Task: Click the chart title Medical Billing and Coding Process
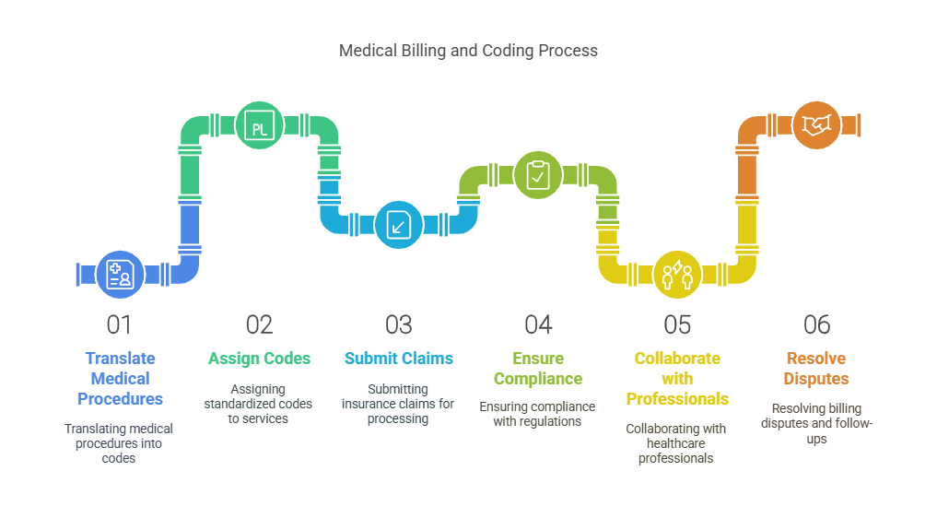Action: [x=468, y=51]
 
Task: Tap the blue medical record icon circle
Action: [x=120, y=275]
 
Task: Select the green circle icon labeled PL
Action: [x=260, y=126]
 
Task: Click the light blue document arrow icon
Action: [x=399, y=224]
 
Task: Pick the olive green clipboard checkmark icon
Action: [x=538, y=175]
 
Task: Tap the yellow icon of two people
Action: [x=677, y=274]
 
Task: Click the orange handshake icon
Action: [x=816, y=125]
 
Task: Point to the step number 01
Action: [x=120, y=324]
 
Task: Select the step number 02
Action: [x=260, y=324]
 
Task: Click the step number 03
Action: [x=399, y=324]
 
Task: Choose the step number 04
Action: [x=538, y=324]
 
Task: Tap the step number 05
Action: [x=677, y=324]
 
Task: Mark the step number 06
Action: [x=816, y=324]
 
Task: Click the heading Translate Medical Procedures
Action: [x=120, y=378]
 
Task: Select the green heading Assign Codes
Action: [x=260, y=359]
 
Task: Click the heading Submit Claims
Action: [x=399, y=359]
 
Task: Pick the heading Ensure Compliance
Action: [x=538, y=369]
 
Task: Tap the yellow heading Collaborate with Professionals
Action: [x=677, y=378]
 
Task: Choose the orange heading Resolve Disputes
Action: [x=816, y=369]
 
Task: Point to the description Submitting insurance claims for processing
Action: [x=399, y=404]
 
